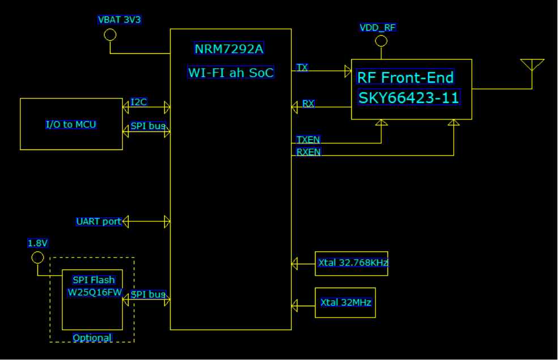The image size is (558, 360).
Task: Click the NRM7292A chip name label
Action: click(x=229, y=49)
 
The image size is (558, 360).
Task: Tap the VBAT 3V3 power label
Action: click(x=119, y=20)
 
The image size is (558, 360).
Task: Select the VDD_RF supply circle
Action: click(x=381, y=41)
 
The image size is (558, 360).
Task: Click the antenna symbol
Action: click(x=532, y=65)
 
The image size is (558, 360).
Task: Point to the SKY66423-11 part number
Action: click(x=408, y=98)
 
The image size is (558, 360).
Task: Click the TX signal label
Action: click(x=302, y=68)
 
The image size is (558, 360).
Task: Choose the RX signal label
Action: click(x=308, y=104)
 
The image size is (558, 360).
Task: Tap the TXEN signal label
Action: click(x=308, y=140)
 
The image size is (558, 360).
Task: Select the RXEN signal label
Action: click(x=308, y=152)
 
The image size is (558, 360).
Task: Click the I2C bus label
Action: click(x=139, y=102)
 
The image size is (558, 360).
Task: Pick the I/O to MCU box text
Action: click(x=71, y=125)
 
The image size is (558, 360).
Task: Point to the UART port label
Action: click(x=99, y=221)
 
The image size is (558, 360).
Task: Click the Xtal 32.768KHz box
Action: click(x=351, y=263)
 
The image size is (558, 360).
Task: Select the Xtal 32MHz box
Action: click(x=345, y=302)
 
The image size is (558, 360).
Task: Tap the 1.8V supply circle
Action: click(x=37, y=258)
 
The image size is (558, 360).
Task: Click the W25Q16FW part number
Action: click(x=95, y=293)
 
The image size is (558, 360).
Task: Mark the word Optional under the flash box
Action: click(x=92, y=338)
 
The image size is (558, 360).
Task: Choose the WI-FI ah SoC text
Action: click(x=231, y=72)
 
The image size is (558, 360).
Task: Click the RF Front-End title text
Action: click(x=405, y=78)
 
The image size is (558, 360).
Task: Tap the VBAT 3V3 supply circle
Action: click(x=110, y=35)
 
